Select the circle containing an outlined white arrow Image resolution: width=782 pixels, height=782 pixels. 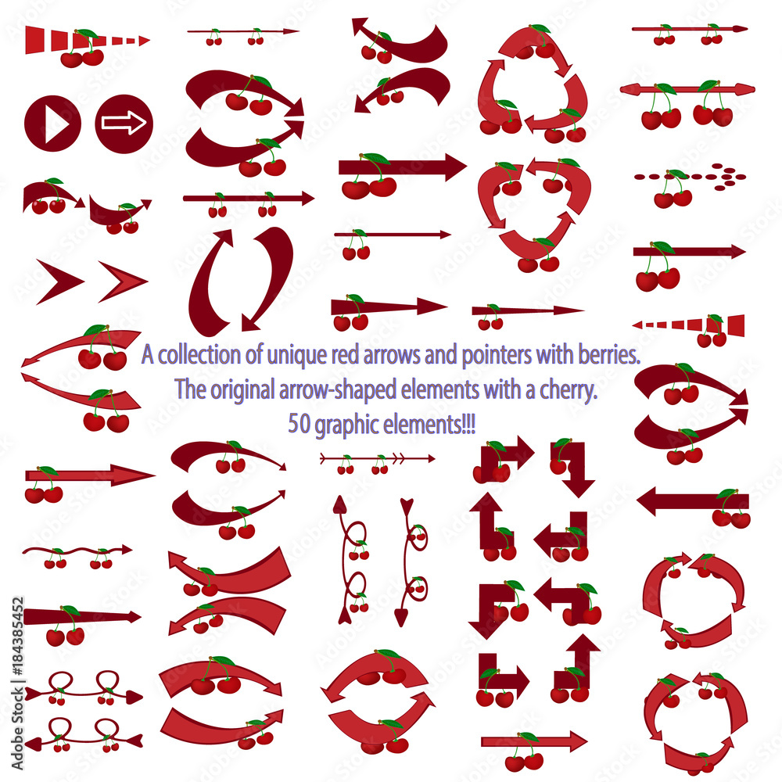(124, 123)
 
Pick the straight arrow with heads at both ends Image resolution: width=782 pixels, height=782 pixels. (688, 89)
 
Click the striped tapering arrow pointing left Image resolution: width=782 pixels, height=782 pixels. (688, 324)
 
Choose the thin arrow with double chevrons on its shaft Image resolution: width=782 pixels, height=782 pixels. (377, 458)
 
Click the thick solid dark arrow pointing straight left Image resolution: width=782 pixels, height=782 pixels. (693, 500)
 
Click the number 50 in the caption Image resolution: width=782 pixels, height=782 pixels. (298, 423)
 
